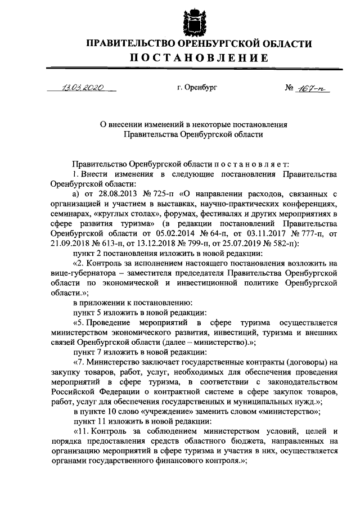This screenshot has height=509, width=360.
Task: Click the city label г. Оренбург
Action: (196, 88)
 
